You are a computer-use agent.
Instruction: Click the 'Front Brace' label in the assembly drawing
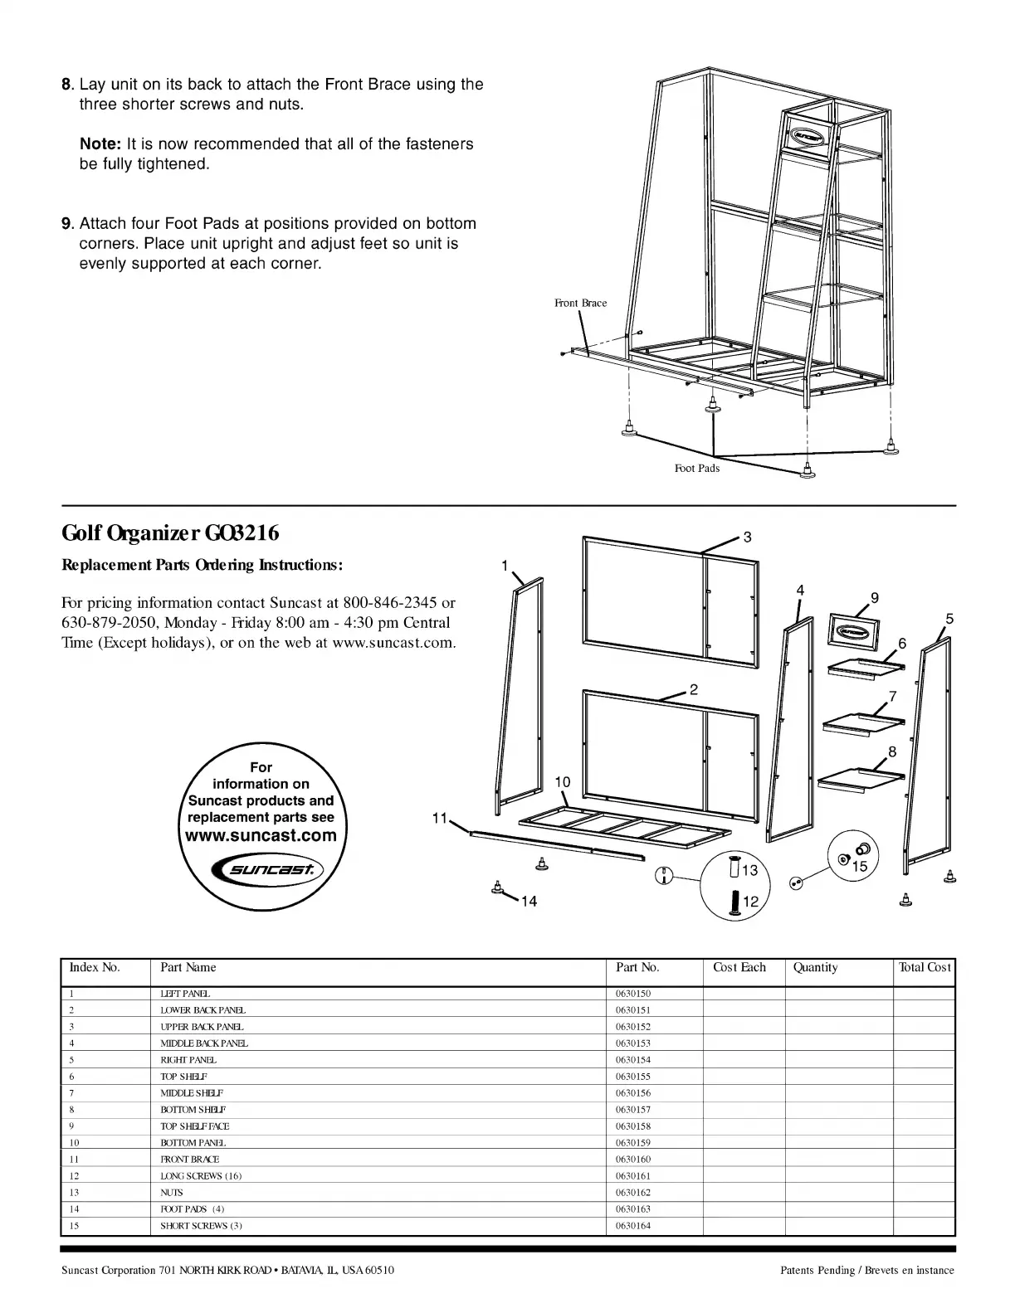click(580, 304)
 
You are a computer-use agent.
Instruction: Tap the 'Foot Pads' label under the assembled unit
click(696, 469)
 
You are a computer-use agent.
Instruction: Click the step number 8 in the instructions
click(66, 85)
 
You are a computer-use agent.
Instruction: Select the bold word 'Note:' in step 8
click(100, 144)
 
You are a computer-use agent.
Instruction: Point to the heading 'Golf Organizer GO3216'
click(170, 532)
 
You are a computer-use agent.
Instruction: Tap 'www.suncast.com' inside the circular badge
click(261, 835)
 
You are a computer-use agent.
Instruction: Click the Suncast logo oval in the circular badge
click(262, 869)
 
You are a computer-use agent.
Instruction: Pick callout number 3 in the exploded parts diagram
click(747, 537)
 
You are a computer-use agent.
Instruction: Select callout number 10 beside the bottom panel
click(562, 782)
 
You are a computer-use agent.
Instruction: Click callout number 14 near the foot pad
click(529, 902)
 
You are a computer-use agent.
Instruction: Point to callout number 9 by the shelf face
click(874, 598)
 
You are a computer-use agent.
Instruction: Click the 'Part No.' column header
click(637, 967)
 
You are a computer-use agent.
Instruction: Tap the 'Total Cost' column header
click(925, 967)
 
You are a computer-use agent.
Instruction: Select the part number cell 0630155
click(633, 1077)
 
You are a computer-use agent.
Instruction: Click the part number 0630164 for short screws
click(633, 1226)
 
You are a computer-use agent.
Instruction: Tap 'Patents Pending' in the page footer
click(817, 1271)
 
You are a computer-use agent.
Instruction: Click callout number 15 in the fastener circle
click(859, 866)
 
